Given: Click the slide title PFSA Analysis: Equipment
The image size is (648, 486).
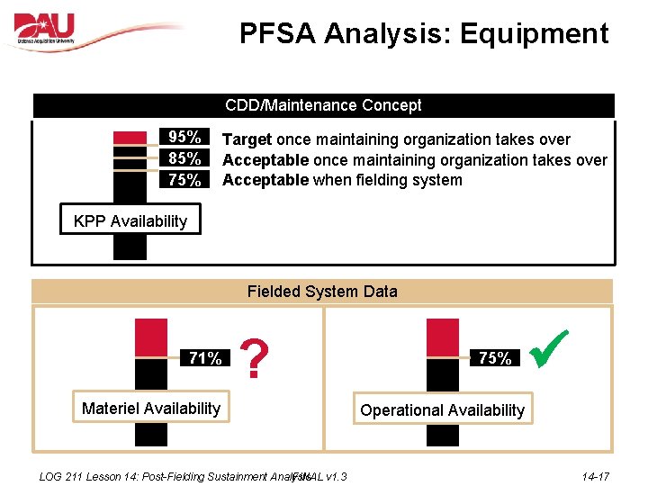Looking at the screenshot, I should coord(423,34).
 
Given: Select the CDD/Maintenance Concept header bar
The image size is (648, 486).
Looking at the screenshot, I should coord(323,105).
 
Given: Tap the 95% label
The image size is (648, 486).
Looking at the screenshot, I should coord(184,138).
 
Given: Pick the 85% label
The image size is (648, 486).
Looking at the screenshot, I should coord(184,158).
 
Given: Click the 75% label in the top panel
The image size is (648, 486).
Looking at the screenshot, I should coord(184,179).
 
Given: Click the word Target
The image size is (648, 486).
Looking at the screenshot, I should coord(247,139).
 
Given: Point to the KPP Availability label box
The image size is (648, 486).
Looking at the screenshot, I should coord(130,220).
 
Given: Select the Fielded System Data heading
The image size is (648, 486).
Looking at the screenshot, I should coord(321,292).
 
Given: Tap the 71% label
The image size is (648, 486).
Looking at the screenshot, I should coord(205,358).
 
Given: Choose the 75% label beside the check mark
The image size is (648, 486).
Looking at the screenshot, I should coord(495,358).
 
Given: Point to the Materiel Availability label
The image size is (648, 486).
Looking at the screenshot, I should coord(150,409).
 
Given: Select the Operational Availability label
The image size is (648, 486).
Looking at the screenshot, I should coord(442,410).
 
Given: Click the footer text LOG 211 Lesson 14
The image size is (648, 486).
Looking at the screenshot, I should coord(108,476).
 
